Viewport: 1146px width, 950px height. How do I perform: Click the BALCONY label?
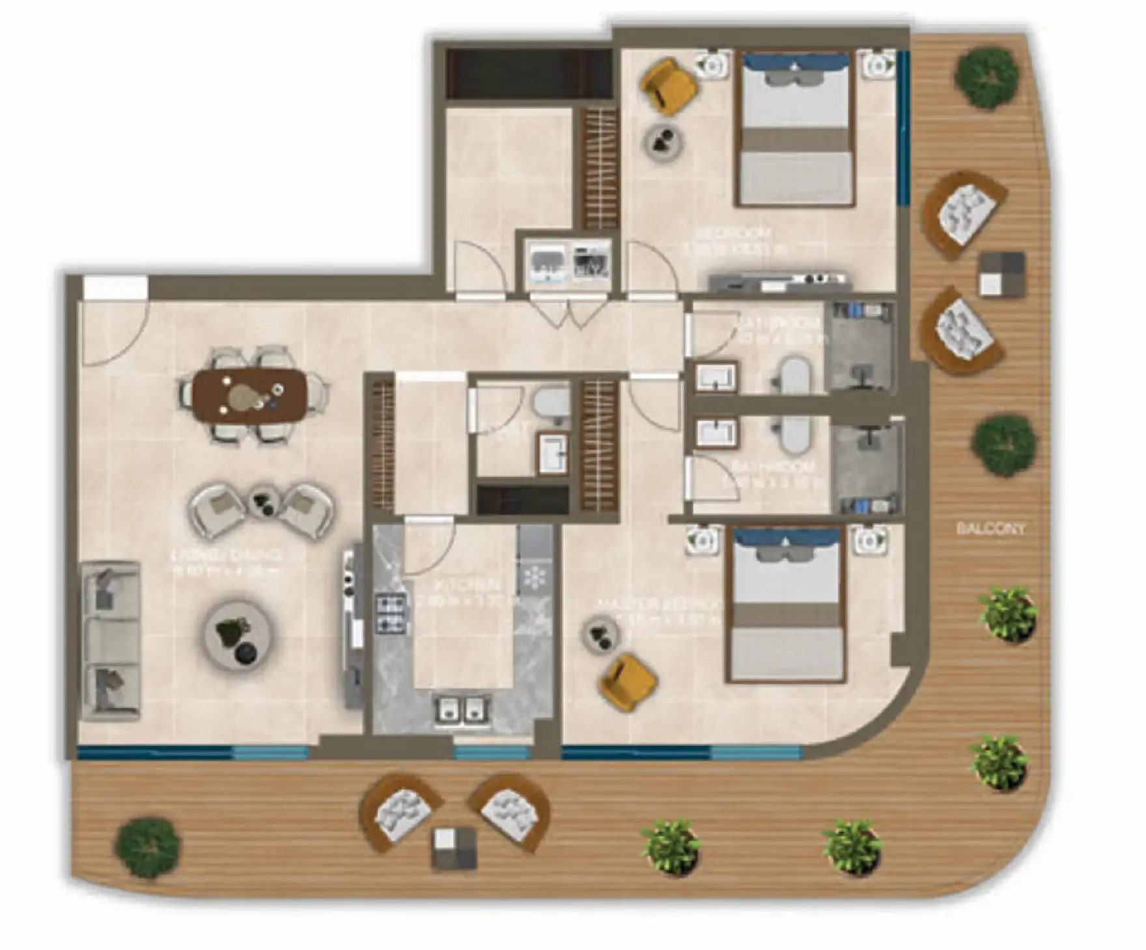coord(990,529)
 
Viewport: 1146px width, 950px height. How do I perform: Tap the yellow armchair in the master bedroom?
coord(626,681)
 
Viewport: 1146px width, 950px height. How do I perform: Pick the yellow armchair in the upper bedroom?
coord(669,83)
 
